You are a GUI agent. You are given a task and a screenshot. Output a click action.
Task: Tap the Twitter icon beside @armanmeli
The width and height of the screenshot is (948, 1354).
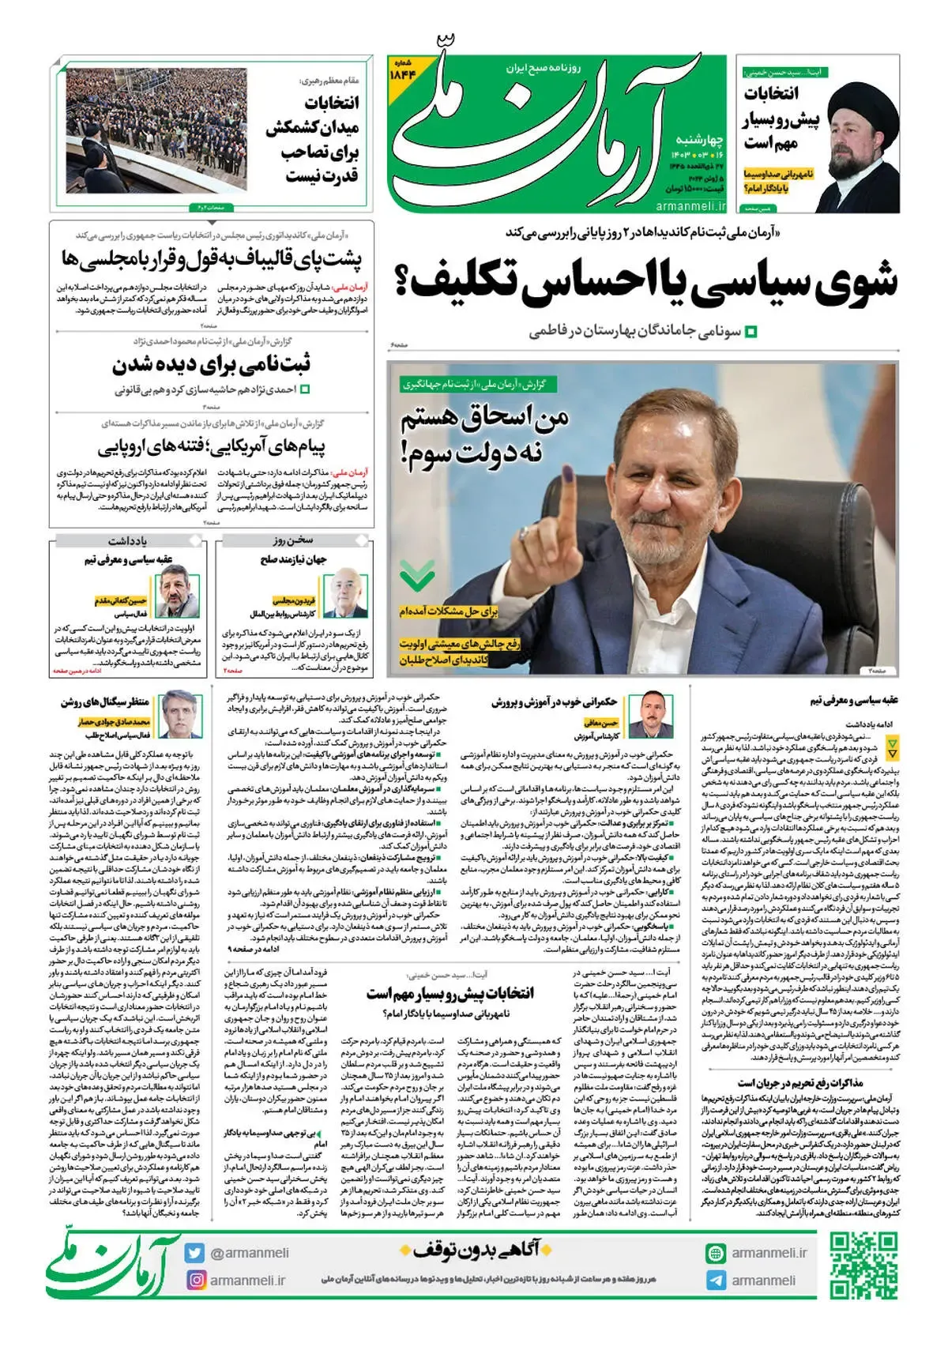tap(195, 1253)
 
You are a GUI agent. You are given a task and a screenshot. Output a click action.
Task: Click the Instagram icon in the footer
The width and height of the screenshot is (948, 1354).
tap(195, 1279)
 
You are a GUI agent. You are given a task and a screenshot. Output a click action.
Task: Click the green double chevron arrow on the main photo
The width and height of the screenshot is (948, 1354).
tap(417, 576)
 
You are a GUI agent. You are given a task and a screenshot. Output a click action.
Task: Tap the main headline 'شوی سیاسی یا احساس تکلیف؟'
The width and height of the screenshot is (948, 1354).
tap(653, 282)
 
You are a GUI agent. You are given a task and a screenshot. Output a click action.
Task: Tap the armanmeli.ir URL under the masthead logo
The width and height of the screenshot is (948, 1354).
tap(690, 206)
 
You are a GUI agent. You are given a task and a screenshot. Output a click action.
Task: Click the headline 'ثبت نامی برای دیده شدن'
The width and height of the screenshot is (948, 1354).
tap(211, 364)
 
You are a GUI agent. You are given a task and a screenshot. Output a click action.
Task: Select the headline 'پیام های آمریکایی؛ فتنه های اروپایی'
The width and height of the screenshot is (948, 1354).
tap(212, 448)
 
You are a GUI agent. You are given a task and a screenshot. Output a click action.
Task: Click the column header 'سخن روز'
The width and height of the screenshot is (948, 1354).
tap(294, 541)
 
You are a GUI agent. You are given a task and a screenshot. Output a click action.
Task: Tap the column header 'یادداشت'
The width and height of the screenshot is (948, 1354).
tap(127, 541)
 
